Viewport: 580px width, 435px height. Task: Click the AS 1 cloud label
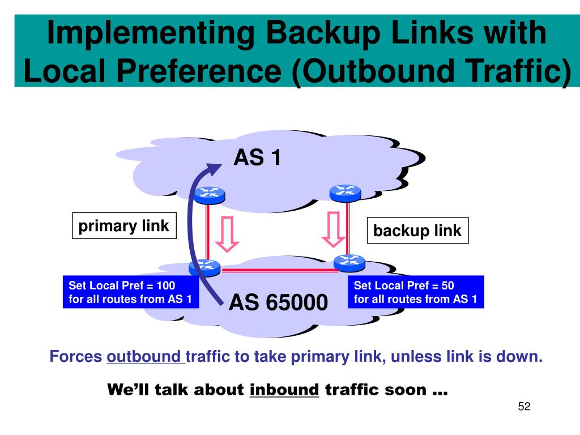click(257, 158)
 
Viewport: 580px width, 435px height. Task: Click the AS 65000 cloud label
click(278, 303)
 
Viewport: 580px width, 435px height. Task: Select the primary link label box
click(123, 227)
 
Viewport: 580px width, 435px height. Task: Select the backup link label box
click(417, 231)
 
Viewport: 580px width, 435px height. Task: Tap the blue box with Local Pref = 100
click(130, 292)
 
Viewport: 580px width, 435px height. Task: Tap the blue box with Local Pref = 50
click(416, 292)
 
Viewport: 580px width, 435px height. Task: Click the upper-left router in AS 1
click(209, 194)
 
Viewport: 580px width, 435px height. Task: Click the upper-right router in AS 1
click(345, 192)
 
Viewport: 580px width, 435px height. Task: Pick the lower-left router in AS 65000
click(204, 267)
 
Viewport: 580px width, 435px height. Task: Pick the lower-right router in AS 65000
click(349, 263)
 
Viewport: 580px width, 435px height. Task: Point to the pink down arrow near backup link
click(334, 230)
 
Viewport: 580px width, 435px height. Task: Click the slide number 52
click(524, 407)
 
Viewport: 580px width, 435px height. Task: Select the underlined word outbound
click(143, 357)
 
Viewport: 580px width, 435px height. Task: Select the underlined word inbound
click(284, 390)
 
